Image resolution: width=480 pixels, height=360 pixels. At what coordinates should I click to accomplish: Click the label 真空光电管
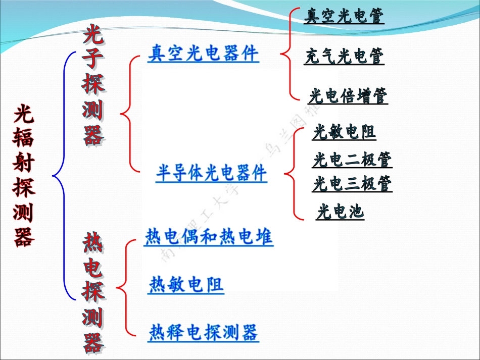344,16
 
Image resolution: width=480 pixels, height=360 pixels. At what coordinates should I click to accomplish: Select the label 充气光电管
344,56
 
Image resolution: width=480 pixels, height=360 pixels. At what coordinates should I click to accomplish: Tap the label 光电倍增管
348,95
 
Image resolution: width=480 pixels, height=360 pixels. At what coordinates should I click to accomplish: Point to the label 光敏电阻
344,132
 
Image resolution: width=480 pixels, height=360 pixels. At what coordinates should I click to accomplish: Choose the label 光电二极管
352,160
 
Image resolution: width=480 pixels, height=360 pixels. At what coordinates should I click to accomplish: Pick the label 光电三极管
352,184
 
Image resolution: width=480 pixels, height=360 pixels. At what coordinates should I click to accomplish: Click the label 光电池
340,212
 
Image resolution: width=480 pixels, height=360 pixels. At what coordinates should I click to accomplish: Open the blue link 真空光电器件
203,53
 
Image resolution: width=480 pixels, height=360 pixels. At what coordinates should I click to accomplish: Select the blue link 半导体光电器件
211,173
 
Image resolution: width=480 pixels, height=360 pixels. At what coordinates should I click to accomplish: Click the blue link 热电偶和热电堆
209,237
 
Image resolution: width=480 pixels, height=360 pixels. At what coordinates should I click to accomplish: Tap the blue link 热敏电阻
186,285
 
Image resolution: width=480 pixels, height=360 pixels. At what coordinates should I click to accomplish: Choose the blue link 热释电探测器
204,333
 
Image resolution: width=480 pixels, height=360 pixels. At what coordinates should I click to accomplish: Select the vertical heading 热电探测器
93,293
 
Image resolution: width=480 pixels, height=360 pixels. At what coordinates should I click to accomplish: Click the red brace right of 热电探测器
124,288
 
